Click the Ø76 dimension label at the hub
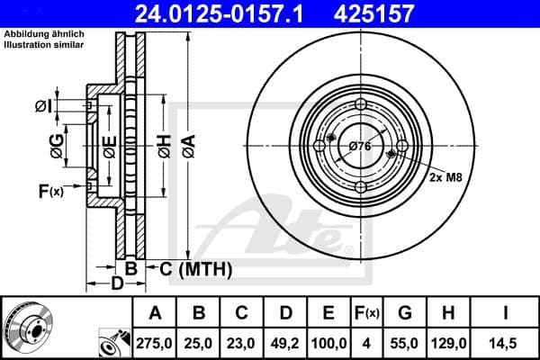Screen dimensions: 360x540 tap(360, 146)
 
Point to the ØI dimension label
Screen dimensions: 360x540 tap(43, 107)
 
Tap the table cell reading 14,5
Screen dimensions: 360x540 tap(508, 342)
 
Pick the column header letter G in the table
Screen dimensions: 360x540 tap(404, 312)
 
